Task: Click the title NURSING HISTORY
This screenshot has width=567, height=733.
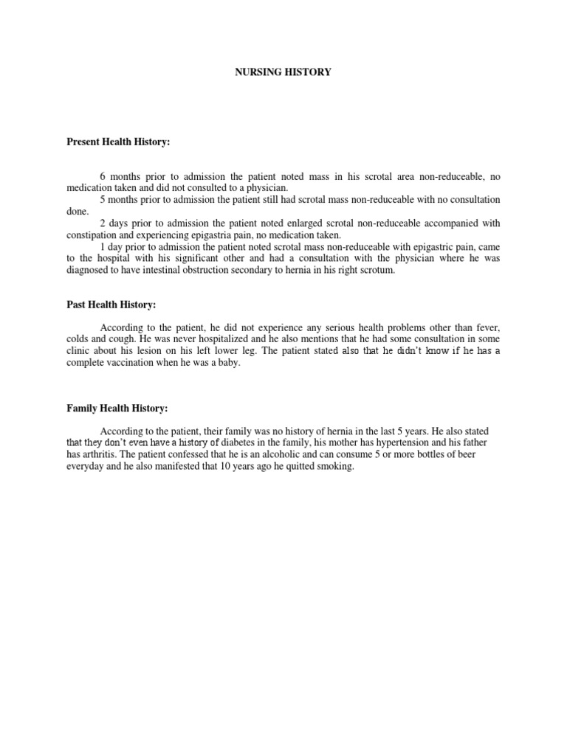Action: point(283,72)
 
